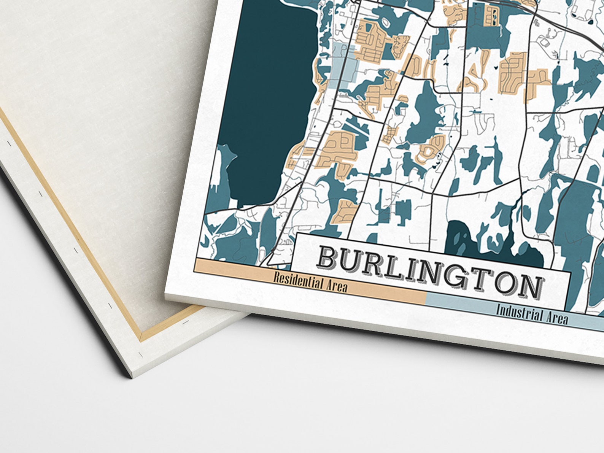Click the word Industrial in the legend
tap(520, 313)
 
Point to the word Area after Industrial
tap(557, 318)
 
